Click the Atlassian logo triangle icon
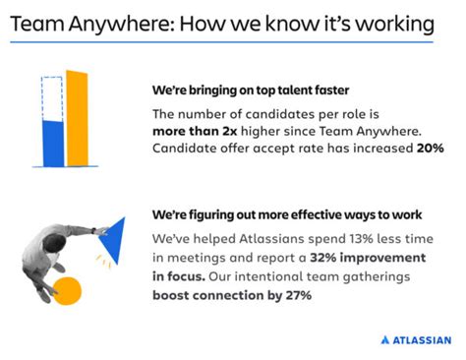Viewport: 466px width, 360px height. click(385, 340)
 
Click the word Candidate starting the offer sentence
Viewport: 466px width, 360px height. click(188, 149)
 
